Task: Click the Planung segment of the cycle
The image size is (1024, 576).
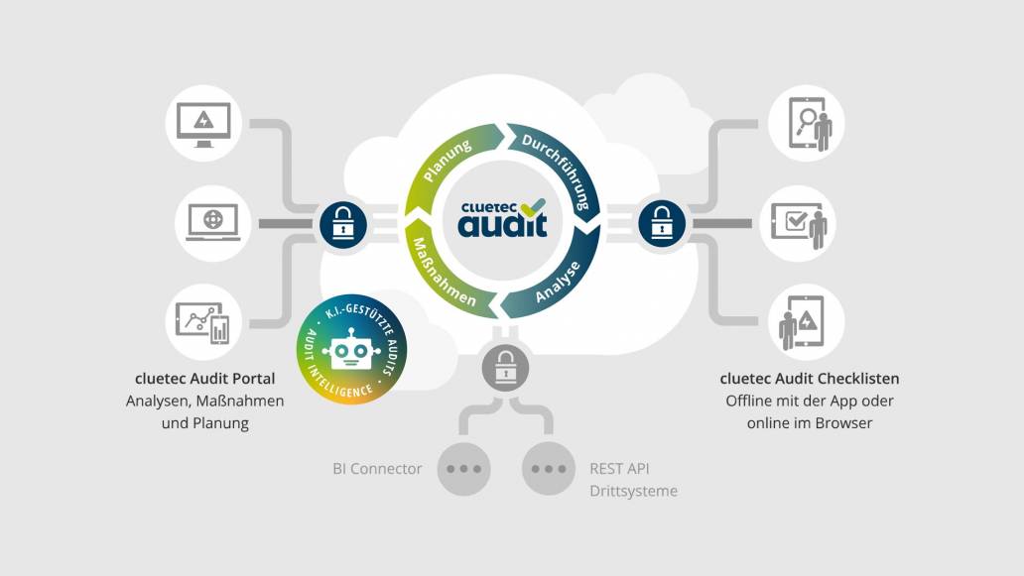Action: point(448,161)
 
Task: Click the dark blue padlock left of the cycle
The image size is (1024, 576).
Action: point(342,223)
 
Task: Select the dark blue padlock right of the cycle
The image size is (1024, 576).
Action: point(662,223)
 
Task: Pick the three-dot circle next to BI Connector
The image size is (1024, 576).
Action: point(462,468)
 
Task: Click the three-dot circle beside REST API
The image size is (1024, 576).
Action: point(549,468)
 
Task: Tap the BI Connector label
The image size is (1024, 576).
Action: point(377,468)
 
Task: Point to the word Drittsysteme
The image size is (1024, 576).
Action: point(633,491)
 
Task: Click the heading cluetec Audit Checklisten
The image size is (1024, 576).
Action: point(810,379)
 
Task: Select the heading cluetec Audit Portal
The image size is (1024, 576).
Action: point(204,379)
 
